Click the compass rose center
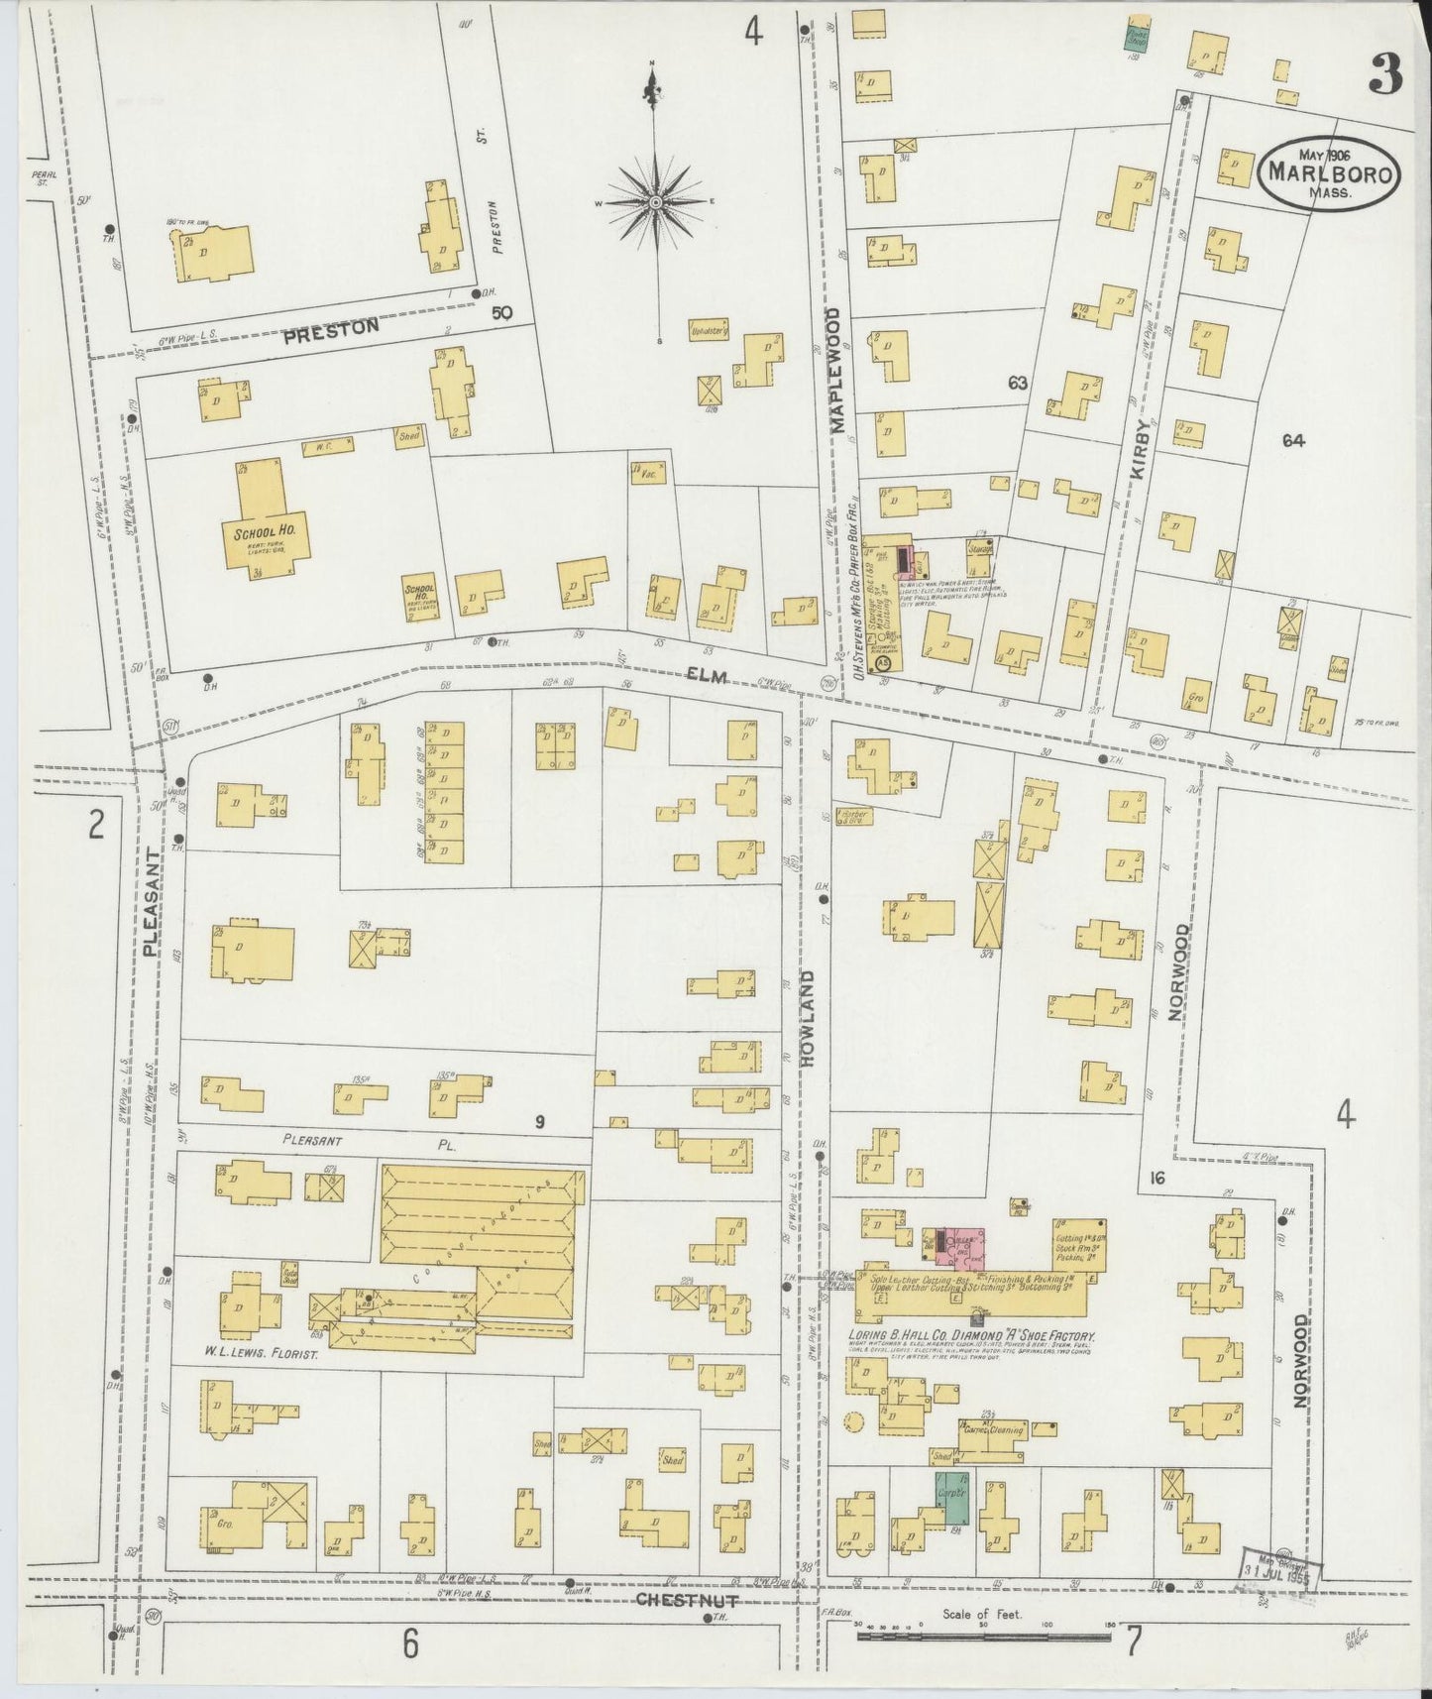654,202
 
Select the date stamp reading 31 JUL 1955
1279,1570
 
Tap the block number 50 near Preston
502,313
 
